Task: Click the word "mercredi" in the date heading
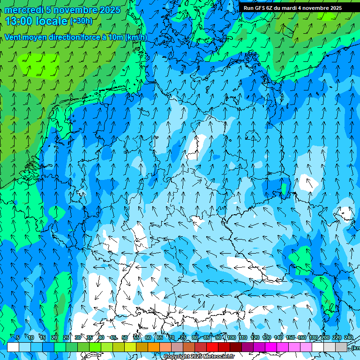tap(23, 10)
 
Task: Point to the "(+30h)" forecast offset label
tap(81, 21)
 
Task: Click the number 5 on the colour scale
tap(18, 337)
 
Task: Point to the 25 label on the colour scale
tap(66, 337)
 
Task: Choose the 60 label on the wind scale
tap(148, 337)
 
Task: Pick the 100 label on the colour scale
tap(231, 337)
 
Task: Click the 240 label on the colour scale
tap(349, 337)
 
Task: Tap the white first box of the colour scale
tap(13, 347)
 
